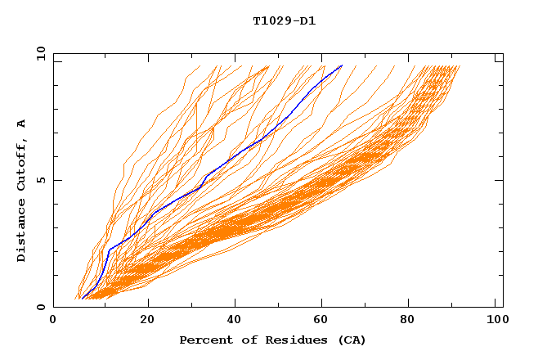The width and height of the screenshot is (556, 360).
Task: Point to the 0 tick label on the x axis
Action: point(53,322)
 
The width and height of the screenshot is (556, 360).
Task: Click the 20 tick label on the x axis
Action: point(141,322)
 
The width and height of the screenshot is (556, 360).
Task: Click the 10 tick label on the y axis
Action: point(40,53)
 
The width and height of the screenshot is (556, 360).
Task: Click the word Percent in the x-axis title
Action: point(203,340)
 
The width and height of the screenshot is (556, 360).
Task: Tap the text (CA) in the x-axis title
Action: point(352,340)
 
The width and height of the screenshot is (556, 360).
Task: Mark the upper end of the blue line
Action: point(342,65)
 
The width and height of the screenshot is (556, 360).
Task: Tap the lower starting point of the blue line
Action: point(83,299)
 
